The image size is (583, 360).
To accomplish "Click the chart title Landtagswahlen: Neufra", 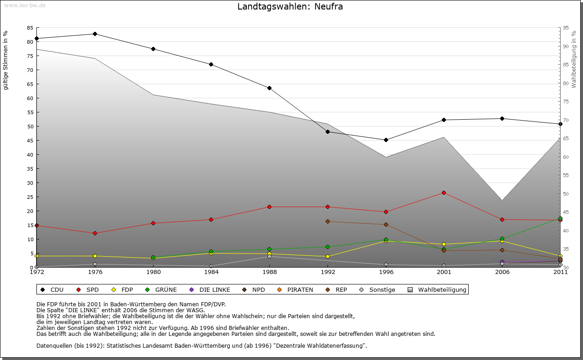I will [x=290, y=7].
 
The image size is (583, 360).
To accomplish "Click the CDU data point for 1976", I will [x=95, y=34].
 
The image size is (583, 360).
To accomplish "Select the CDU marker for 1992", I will [x=328, y=132].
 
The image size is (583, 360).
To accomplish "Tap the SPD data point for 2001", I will [x=444, y=193].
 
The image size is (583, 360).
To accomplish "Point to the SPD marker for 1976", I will [x=95, y=233].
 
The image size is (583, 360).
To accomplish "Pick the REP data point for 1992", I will [x=328, y=222].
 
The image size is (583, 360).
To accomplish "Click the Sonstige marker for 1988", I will [x=270, y=257].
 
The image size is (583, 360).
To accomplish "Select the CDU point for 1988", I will [x=270, y=88].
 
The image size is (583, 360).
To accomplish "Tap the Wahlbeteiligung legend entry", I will [x=438, y=290].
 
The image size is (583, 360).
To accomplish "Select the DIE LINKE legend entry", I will [x=210, y=290].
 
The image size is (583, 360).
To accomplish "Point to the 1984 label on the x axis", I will [x=211, y=273].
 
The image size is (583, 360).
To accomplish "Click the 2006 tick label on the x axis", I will [x=502, y=273].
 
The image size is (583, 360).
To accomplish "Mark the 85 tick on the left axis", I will [x=30, y=28].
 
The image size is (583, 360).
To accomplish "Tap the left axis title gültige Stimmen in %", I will [x=5, y=61].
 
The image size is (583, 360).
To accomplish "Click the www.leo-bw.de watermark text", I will [x=23, y=5].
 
